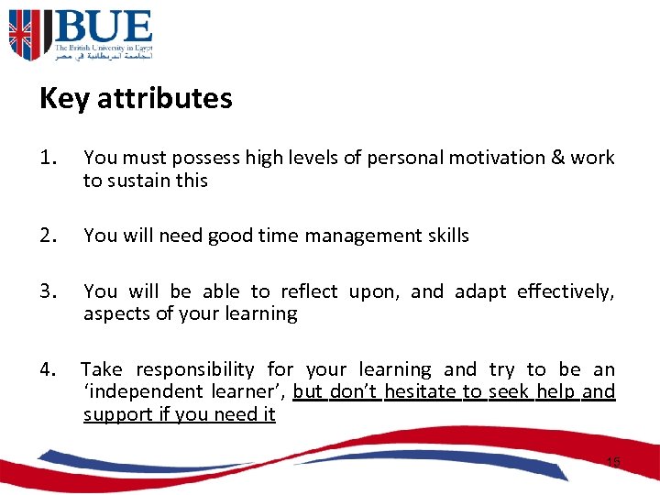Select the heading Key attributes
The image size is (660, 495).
pos(136,98)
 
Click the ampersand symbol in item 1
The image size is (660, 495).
pos(557,158)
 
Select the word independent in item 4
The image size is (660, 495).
pos(150,392)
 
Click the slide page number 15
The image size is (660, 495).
pos(612,463)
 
